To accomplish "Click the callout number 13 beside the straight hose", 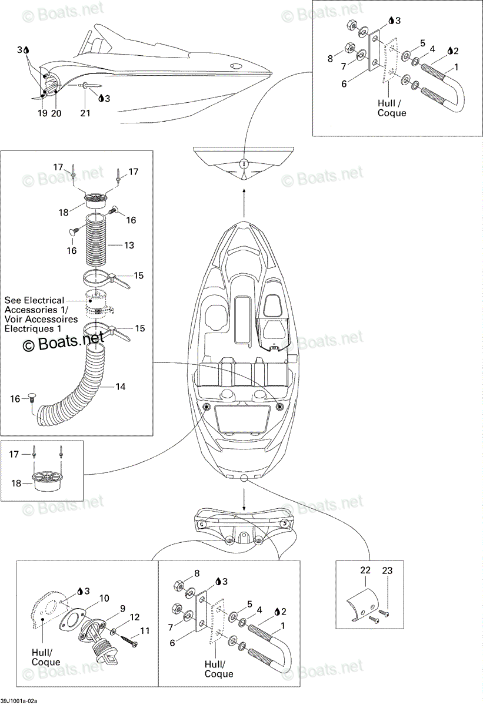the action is click(x=129, y=245).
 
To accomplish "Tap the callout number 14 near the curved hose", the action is click(x=121, y=387).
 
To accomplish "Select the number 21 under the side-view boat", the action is click(x=85, y=113).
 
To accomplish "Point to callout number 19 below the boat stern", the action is click(x=42, y=113).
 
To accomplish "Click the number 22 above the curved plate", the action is click(x=365, y=570).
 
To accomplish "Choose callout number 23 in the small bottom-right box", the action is click(x=388, y=570).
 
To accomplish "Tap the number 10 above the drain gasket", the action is click(x=104, y=598).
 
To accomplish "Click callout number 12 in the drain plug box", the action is click(x=134, y=617).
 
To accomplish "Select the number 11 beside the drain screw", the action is click(x=145, y=631).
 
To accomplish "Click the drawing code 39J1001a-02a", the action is click(x=19, y=701).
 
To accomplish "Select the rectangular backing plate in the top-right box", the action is click(x=374, y=51).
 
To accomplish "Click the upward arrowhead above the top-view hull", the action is click(x=244, y=190).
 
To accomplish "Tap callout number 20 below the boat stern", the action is click(x=56, y=113).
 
